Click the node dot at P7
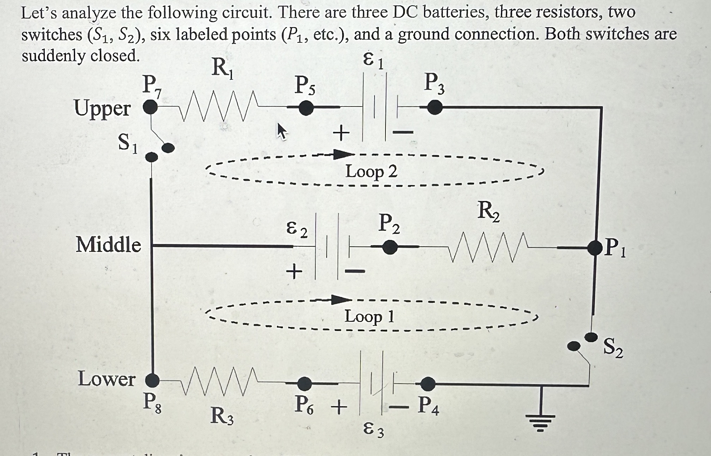point(151,107)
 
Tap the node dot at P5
point(306,108)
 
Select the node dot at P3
point(435,107)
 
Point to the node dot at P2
point(390,247)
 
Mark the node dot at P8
point(152,380)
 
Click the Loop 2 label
point(371,172)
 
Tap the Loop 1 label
point(369,316)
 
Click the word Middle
point(108,245)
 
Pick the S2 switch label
point(613,348)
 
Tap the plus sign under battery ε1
point(341,134)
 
